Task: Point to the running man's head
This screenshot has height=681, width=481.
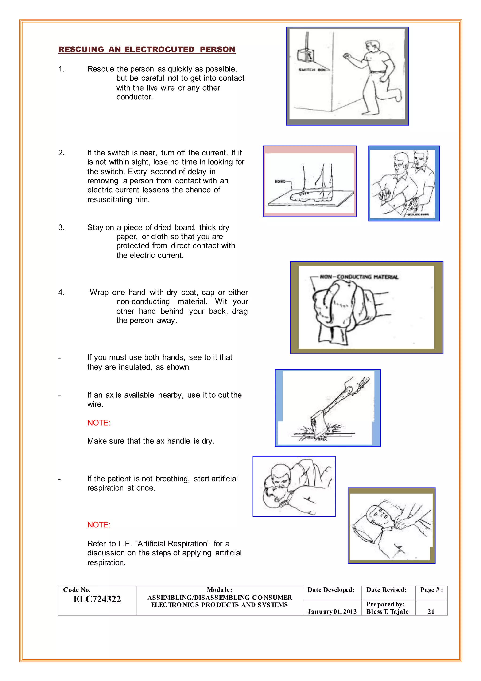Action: click(372, 45)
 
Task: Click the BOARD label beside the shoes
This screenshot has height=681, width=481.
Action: click(279, 181)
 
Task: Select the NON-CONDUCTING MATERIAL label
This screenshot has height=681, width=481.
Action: click(359, 277)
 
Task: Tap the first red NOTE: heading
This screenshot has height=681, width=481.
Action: click(99, 423)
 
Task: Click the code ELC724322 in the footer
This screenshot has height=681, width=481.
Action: click(97, 599)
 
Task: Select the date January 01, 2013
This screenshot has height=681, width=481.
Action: click(332, 612)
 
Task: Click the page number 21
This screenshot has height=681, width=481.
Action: click(431, 612)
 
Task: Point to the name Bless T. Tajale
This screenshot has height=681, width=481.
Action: click(387, 612)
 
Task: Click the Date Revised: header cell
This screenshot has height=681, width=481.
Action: click(386, 590)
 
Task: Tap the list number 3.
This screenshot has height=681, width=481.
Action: click(61, 227)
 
